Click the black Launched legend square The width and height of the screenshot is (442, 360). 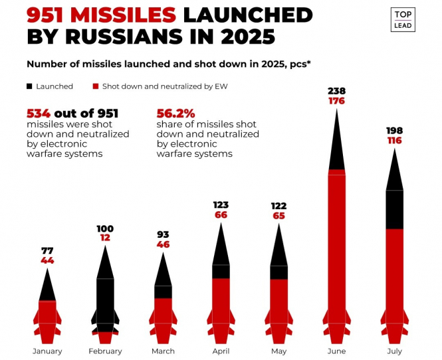click(29, 86)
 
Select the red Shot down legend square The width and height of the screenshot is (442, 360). click(96, 86)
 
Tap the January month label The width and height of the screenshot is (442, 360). click(47, 351)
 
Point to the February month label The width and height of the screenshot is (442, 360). click(105, 351)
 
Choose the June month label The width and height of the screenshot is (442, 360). click(337, 351)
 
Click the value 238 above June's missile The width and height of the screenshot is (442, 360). click(337, 91)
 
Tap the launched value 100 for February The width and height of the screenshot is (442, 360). click(105, 229)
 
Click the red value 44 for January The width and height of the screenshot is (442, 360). click(47, 260)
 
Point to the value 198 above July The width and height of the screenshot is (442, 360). click(395, 131)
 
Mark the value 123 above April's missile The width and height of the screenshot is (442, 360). click(221, 205)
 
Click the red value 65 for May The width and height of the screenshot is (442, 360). click(279, 216)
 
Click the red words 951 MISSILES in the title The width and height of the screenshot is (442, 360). click(101, 15)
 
